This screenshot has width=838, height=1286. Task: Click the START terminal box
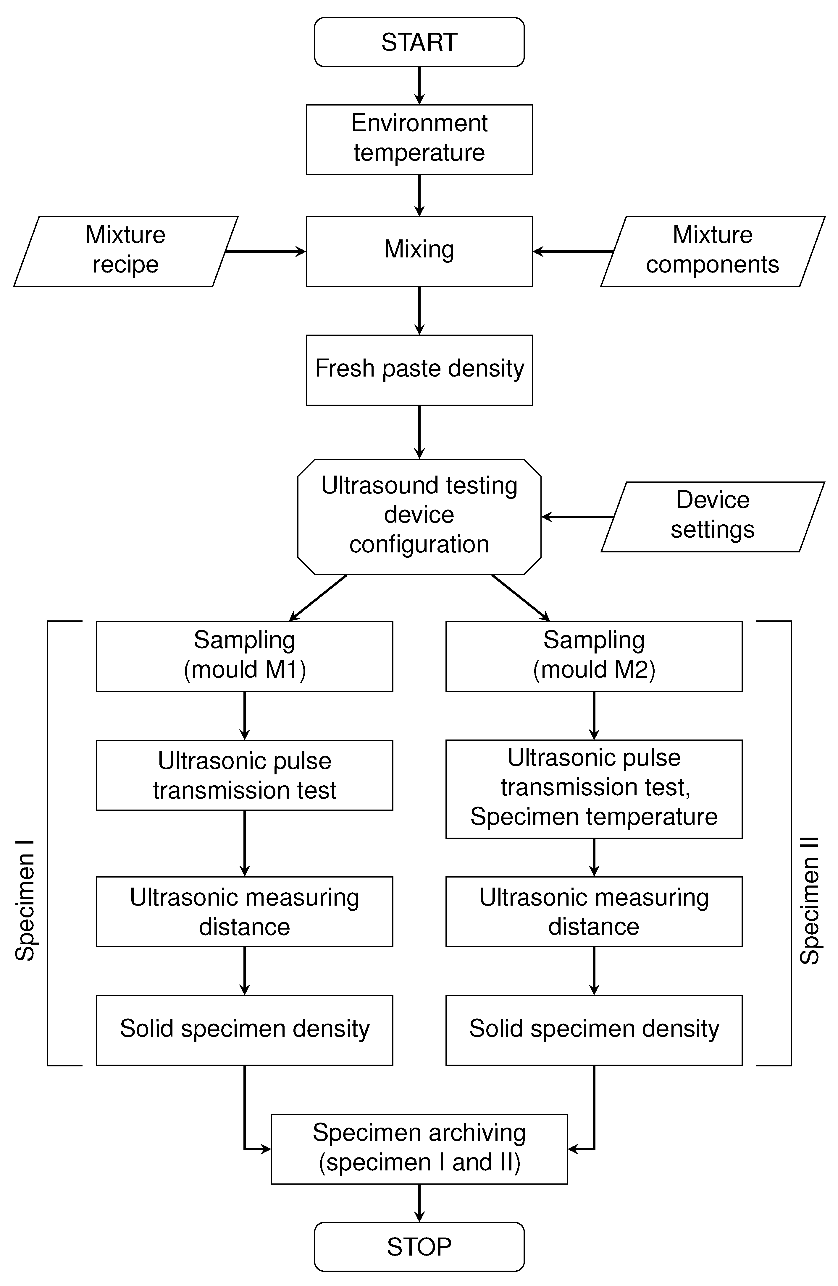coord(419,42)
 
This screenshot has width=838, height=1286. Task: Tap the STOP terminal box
coord(419,1247)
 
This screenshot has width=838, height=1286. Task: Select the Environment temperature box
coord(419,140)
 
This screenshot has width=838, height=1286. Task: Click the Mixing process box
coord(419,251)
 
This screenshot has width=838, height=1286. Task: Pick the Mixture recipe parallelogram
coord(125,251)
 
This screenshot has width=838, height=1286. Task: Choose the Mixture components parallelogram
coord(713,251)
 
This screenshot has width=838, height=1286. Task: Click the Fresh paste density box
coord(419,370)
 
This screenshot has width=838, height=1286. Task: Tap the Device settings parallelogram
coord(713,517)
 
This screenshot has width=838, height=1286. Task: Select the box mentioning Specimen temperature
coord(594,789)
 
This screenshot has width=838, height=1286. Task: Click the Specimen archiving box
coord(419,1149)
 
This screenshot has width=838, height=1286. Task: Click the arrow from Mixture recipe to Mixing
coord(265,251)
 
